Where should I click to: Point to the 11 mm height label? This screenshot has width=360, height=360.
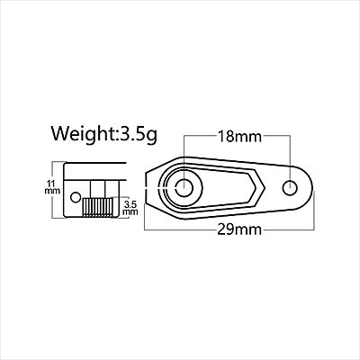pos(55,188)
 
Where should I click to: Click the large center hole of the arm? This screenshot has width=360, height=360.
pos(185,188)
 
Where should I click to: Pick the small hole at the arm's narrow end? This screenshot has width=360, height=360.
pos(290,188)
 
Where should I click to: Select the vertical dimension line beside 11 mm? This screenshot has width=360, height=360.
pos(64,189)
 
